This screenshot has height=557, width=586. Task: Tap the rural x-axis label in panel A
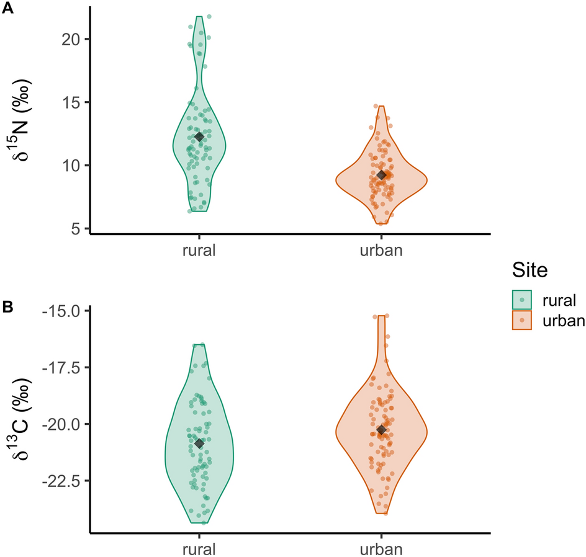pyautogui.click(x=199, y=251)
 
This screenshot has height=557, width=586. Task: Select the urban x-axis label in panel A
pyautogui.click(x=381, y=251)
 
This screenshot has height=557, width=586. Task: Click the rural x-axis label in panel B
pyautogui.click(x=199, y=549)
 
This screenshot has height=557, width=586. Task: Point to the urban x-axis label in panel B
pyautogui.click(x=381, y=549)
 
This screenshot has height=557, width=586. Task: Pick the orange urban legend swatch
pyautogui.click(x=523, y=320)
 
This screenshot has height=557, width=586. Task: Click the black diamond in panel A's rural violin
pyautogui.click(x=199, y=137)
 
